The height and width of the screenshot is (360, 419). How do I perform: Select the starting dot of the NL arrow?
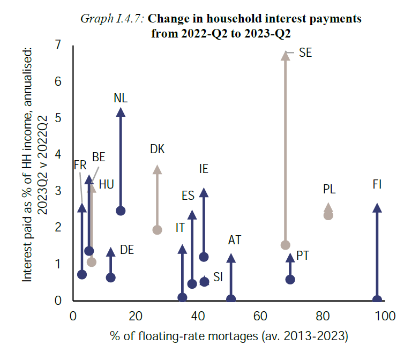pos(121,211)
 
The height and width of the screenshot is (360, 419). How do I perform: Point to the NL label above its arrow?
pos(121,98)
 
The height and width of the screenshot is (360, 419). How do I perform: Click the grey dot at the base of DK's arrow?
pos(157,230)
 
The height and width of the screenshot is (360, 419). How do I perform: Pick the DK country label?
pos(157,149)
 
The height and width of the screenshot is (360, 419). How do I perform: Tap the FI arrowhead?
pos(377,208)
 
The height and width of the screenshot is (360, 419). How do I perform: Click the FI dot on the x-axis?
pos(377,300)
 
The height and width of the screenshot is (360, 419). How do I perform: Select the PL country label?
pos(329,189)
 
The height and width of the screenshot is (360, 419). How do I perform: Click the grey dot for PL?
pos(328,215)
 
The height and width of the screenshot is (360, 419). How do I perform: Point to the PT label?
pos(302,256)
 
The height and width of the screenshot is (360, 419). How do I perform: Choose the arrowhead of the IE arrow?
pos(204,192)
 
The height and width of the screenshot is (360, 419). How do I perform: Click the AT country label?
pos(234,240)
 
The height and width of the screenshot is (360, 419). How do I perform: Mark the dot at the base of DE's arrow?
pos(111,277)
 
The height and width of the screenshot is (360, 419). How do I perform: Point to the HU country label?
pos(106,185)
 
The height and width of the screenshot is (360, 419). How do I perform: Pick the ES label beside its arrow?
pos(188,195)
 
